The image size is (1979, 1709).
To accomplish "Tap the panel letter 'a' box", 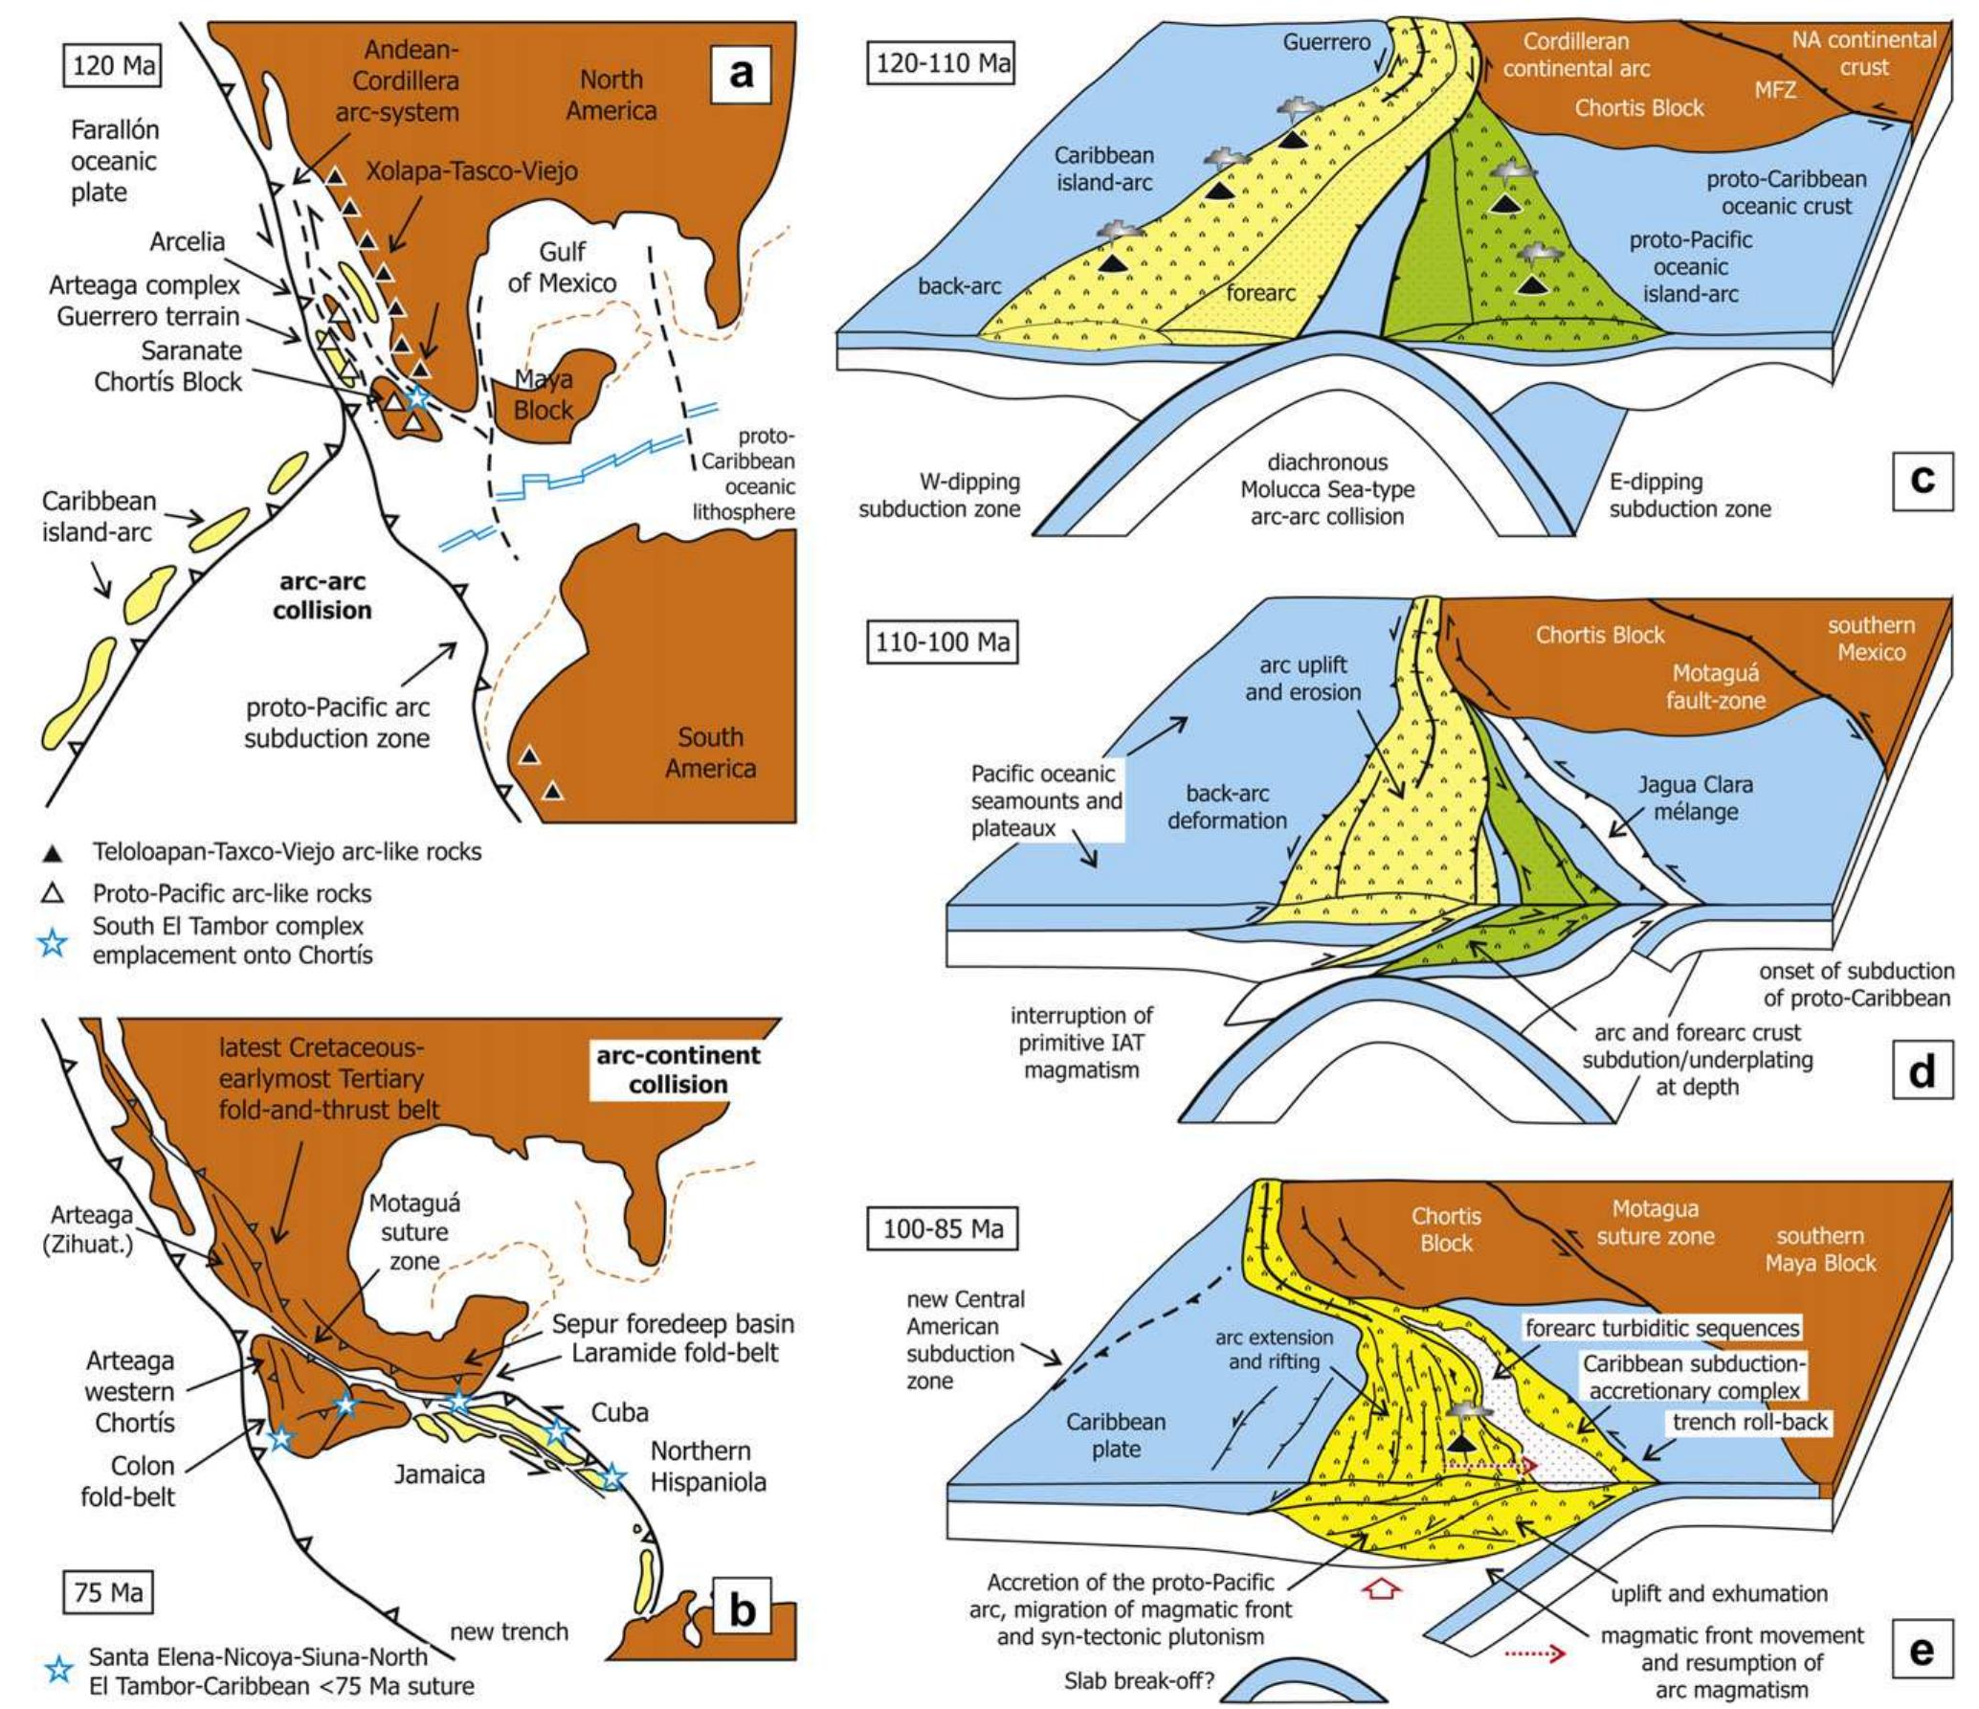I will (742, 72).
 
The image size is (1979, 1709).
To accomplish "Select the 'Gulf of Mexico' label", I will (562, 267).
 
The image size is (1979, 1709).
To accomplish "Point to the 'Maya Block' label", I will (543, 394).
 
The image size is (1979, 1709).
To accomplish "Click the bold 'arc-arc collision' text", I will (322, 596).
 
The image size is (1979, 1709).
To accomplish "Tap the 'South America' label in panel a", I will (710, 753).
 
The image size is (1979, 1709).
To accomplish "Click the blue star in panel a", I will (416, 396).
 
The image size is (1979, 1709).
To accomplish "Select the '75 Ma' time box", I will (108, 1592).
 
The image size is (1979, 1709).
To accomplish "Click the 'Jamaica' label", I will (439, 1474).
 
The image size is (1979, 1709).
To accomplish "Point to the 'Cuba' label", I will (619, 1412).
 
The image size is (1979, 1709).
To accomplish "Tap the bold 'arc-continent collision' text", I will (678, 1069).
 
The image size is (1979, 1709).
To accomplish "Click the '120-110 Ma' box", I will (944, 63).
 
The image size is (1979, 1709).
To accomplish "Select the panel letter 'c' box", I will (1922, 478).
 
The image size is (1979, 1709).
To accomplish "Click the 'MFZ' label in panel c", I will (1774, 90).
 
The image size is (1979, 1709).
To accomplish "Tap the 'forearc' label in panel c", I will (1260, 293).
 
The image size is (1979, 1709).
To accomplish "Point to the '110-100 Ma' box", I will (944, 641).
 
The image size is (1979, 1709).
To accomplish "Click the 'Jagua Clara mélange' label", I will (1695, 798).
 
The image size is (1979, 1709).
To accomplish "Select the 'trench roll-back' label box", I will (1750, 1422).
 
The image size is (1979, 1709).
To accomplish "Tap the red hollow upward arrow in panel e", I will (1385, 1590).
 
